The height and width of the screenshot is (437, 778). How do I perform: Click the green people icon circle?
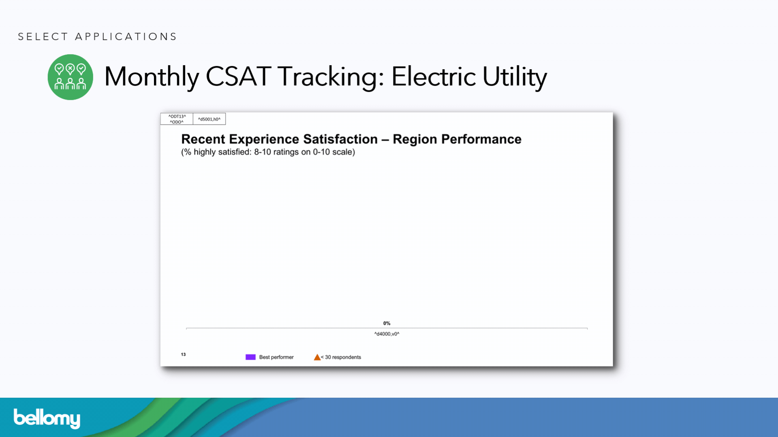pos(71,77)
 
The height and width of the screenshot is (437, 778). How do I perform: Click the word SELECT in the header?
pos(43,37)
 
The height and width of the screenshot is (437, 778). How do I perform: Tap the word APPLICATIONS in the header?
pos(126,37)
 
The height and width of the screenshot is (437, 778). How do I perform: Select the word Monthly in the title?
pos(152,77)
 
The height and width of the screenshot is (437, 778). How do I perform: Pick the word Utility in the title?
pos(515,77)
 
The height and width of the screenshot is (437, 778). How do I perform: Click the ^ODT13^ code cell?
pos(177,119)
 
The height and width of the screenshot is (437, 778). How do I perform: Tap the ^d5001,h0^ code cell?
pos(209,119)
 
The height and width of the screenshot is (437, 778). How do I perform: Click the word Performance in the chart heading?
pos(481,139)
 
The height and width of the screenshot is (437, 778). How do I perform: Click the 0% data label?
pos(387,323)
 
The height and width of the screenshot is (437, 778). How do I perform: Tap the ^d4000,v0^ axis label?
pos(387,334)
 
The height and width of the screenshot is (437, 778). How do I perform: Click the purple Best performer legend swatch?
pos(250,357)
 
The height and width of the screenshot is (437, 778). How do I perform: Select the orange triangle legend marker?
pos(317,357)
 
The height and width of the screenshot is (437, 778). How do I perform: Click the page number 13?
pos(183,354)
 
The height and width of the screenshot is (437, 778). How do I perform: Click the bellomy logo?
pos(47,418)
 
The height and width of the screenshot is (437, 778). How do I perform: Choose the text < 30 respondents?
pos(341,357)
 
